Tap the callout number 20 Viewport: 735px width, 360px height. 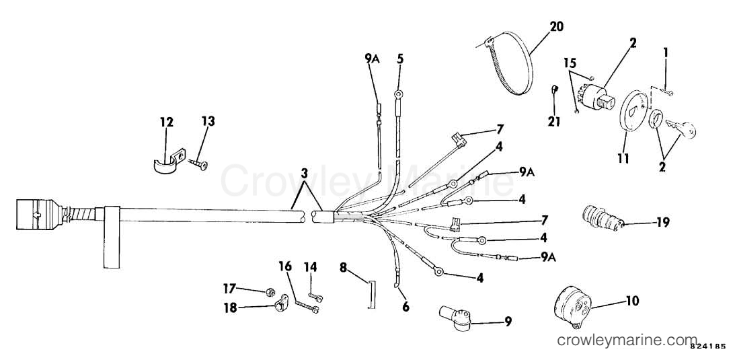556,27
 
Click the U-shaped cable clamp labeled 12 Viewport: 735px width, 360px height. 169,159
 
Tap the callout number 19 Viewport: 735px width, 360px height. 662,221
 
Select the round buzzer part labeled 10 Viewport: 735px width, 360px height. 572,303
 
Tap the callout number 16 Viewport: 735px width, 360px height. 284,266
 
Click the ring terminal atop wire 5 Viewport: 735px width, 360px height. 398,95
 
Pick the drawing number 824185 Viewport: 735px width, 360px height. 707,347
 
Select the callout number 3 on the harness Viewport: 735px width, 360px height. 305,173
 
